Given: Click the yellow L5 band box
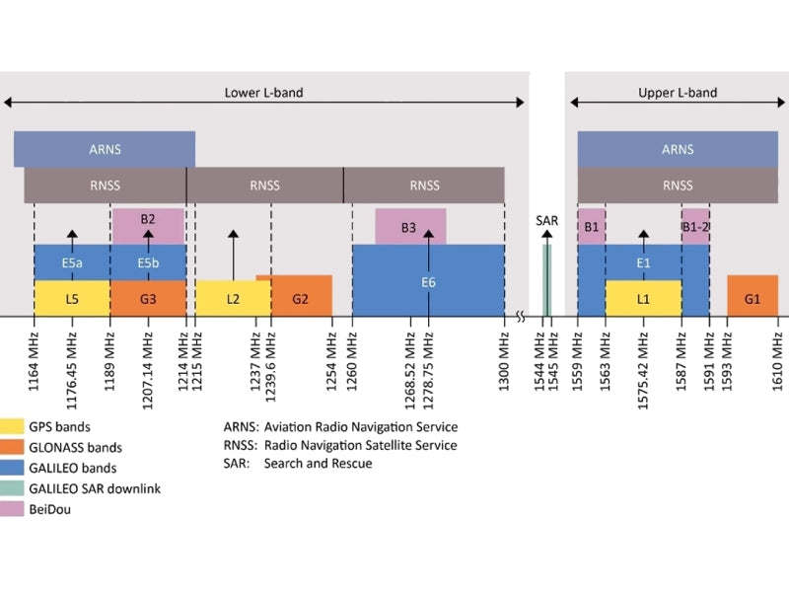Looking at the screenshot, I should tap(72, 298).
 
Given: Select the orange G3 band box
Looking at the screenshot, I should tap(148, 298).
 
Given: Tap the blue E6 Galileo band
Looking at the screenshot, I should tap(428, 281).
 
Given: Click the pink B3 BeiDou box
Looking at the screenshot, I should tap(409, 227).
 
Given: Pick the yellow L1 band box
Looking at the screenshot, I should tap(643, 298).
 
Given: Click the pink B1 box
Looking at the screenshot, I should tap(591, 227).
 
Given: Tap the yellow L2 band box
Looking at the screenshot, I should tap(233, 298).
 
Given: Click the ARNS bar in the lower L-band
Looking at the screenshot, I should tap(104, 149).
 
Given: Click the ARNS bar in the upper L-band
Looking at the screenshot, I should tap(678, 149).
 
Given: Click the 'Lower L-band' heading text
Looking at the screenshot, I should tap(263, 93).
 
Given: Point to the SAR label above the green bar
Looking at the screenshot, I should tap(546, 222).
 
